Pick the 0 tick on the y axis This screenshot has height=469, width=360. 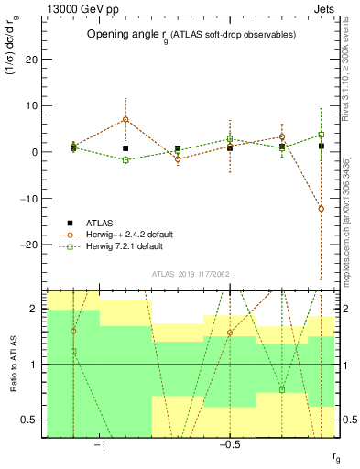click(38, 152)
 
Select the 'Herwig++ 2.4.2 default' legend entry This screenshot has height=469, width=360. click(119, 234)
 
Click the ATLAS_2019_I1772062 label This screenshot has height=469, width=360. click(191, 273)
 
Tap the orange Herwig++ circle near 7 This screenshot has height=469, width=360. click(125, 119)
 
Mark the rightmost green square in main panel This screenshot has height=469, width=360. click(321, 135)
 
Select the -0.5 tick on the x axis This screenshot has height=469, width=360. click(229, 444)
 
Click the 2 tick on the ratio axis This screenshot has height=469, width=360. click(38, 309)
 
